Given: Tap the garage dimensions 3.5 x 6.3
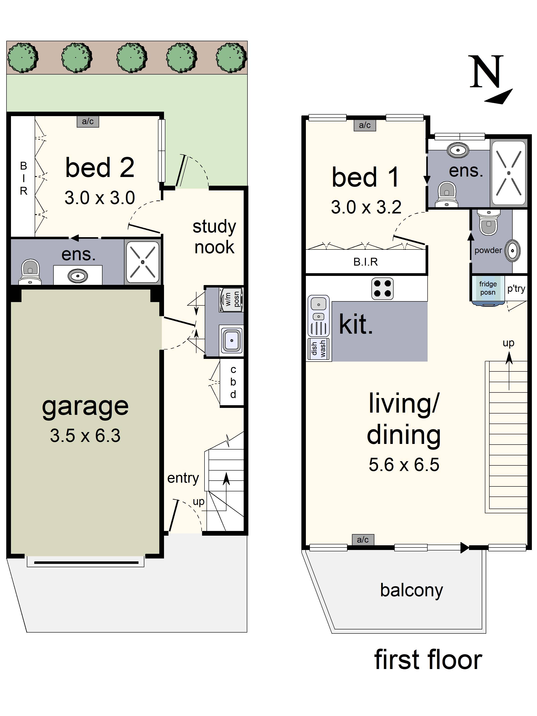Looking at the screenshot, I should click(85, 436).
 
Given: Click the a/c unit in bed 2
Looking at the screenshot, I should click(88, 121).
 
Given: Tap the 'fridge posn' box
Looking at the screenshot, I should click(488, 288).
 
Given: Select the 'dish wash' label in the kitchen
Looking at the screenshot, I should click(319, 349).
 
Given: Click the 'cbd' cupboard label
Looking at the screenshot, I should click(233, 382).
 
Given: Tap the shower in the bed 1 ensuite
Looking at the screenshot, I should click(509, 173).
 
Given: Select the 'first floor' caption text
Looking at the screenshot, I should click(428, 660).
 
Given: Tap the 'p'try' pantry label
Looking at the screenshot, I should click(516, 288).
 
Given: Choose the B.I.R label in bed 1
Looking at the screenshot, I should click(365, 262).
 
